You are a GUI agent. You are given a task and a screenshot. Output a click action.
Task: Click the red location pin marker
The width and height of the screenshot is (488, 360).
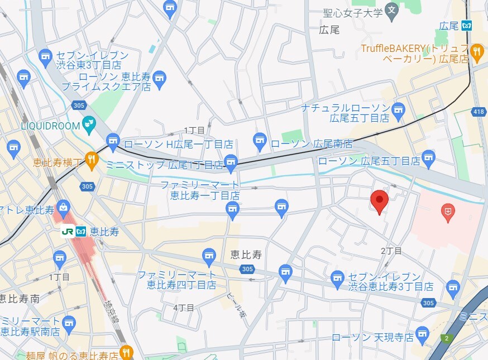(380, 201)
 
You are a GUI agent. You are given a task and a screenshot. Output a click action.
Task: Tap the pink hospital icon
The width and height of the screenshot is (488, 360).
(448, 212)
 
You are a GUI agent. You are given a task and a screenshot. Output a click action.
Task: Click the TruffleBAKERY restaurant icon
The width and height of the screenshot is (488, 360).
(476, 53)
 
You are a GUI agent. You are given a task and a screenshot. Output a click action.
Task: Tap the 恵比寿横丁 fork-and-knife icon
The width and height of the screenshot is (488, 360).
(91, 159)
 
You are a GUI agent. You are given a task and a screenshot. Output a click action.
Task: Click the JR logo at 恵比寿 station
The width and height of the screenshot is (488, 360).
(67, 231)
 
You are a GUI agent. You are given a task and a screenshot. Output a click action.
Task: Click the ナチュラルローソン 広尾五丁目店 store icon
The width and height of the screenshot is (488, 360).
(398, 109)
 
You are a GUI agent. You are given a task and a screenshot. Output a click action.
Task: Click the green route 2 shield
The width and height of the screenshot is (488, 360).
(446, 338)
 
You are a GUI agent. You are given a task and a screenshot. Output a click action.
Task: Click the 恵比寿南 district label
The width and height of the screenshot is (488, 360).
(20, 299)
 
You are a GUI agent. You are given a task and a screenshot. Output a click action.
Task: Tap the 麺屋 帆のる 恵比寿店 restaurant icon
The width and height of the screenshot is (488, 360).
(127, 353)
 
